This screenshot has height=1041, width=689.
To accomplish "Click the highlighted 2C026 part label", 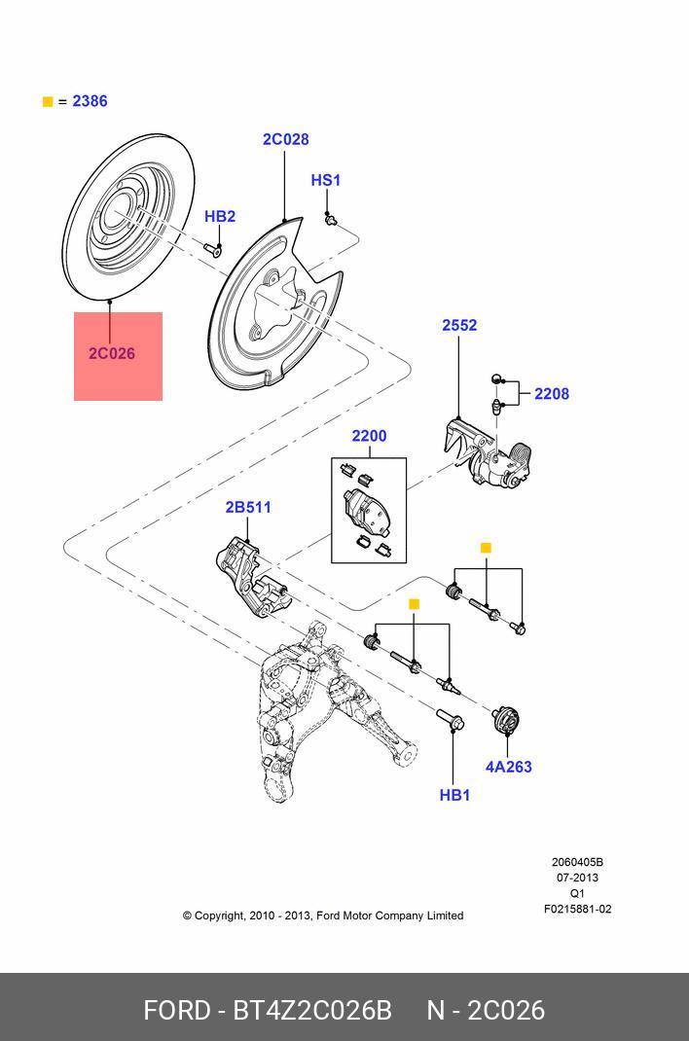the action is click(112, 353).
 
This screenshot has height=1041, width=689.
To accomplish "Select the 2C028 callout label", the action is click(285, 139).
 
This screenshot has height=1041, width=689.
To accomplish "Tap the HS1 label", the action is click(325, 180).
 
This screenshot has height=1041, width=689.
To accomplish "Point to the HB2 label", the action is click(220, 216).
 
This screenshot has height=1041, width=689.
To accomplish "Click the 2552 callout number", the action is click(459, 325).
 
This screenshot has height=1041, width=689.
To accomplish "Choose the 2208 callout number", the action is click(552, 394).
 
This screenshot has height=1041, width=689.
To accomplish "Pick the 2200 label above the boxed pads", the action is click(369, 436).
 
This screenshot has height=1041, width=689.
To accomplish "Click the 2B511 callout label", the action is click(248, 507).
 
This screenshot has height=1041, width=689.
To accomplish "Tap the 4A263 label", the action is click(508, 767).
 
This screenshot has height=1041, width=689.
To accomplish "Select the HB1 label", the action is click(454, 795).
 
